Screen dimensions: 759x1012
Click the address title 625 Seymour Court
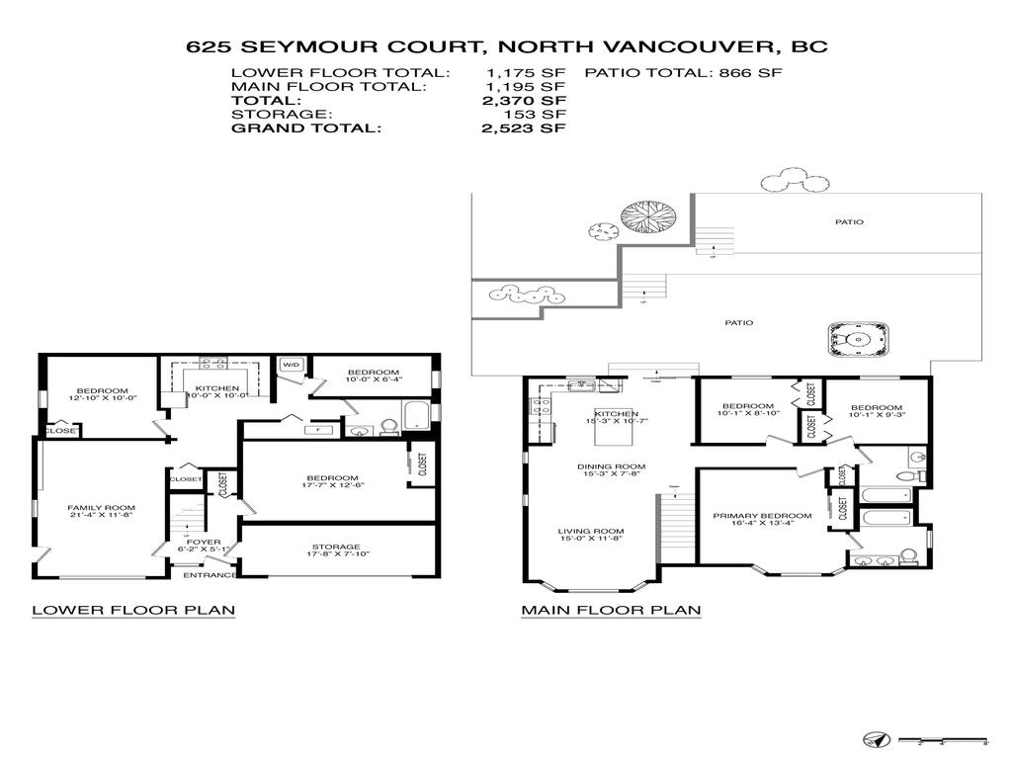tap(506, 45)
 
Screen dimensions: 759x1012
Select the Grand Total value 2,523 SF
tap(526, 128)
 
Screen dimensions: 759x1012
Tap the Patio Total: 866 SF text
tap(684, 73)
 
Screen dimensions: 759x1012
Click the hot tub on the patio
tap(856, 341)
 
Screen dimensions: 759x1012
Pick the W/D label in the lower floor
tap(291, 365)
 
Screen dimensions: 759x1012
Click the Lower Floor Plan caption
tap(133, 610)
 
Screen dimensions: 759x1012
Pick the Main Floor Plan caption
tap(611, 610)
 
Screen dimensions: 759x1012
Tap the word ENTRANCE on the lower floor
tap(211, 575)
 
